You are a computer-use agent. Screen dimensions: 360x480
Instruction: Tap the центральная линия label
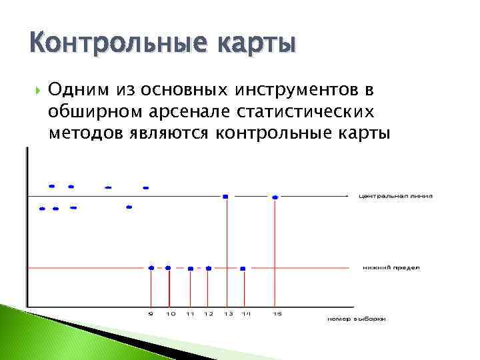395,196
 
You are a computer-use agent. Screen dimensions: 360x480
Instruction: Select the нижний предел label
391,268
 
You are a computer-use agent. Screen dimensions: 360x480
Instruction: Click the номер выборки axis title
356,319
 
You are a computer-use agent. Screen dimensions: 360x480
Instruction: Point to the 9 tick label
151,313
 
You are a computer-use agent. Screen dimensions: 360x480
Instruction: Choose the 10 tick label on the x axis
170,313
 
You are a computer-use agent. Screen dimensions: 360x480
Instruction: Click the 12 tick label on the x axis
209,313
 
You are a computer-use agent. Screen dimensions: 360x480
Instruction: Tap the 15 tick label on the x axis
276,313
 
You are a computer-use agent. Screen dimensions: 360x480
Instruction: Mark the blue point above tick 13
226,196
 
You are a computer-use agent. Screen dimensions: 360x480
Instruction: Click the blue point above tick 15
275,197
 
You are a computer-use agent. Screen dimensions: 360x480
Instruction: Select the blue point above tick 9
151,267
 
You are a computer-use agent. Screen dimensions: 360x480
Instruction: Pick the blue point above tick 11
191,268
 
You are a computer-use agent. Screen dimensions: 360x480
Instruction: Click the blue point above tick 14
243,268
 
